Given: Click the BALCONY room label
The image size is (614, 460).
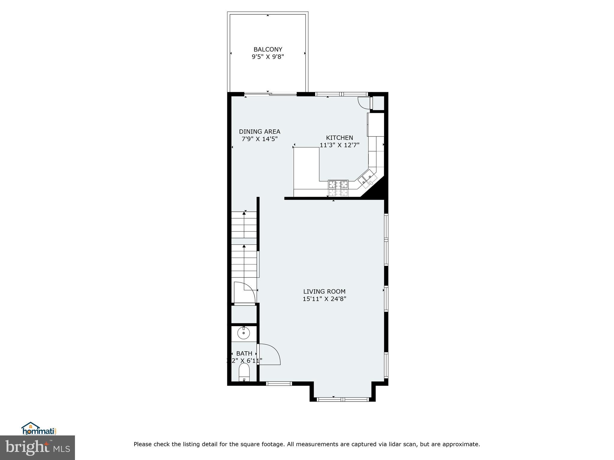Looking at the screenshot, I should tap(268, 49).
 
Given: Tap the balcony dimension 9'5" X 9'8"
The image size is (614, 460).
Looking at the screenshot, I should tap(268, 57).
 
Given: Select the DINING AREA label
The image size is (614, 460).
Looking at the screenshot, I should tap(259, 131).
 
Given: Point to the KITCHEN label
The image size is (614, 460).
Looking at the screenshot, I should tap(339, 138).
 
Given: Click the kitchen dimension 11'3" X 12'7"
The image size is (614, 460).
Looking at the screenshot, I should tap(339, 145).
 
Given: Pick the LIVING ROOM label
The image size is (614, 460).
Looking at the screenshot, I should tap(324, 291).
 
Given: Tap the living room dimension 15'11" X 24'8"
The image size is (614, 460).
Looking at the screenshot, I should tap(324, 299).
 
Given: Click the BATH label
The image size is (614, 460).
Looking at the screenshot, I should tap(244, 354).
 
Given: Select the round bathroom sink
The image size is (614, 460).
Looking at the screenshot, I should tap(244, 333).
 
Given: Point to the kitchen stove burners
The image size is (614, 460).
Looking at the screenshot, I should tap(338, 188).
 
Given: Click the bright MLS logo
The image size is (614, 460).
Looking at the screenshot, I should tap(37, 447).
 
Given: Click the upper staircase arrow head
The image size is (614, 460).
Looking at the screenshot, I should tap(244, 213).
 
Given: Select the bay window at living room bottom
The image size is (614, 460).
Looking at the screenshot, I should tap(342, 399).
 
